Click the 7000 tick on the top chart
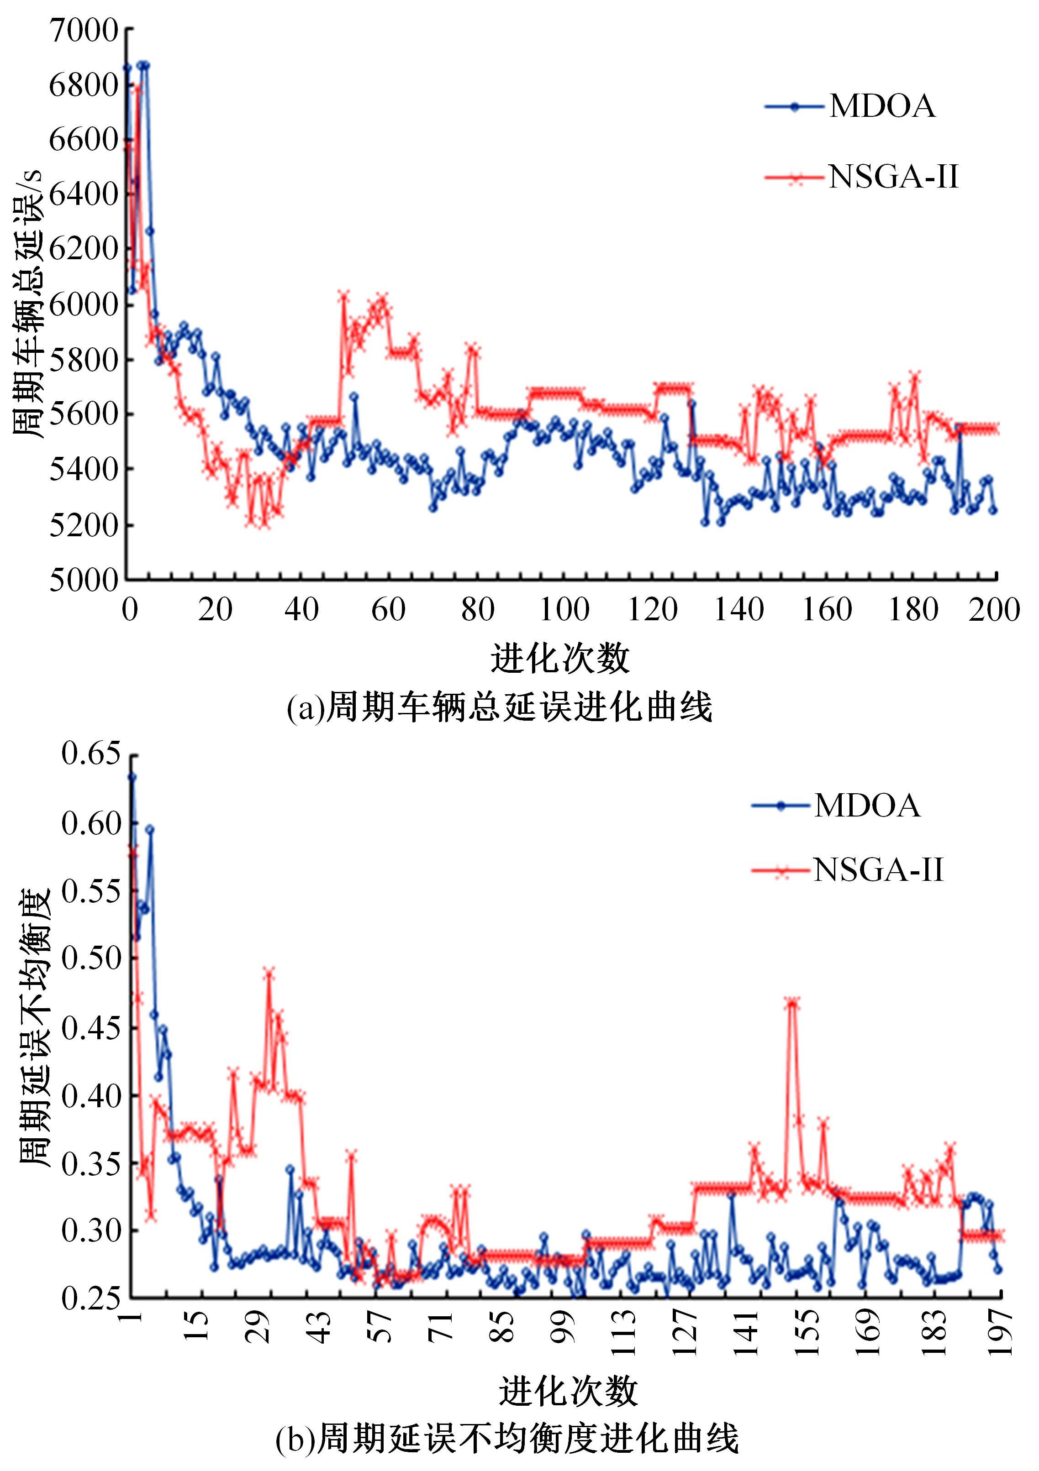[x=83, y=30]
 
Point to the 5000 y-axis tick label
[x=83, y=581]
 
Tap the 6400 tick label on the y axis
[x=83, y=195]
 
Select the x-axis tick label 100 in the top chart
[x=564, y=609]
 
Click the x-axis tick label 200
[x=993, y=609]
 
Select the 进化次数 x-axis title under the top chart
[x=560, y=658]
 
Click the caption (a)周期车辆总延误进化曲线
[x=499, y=708]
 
